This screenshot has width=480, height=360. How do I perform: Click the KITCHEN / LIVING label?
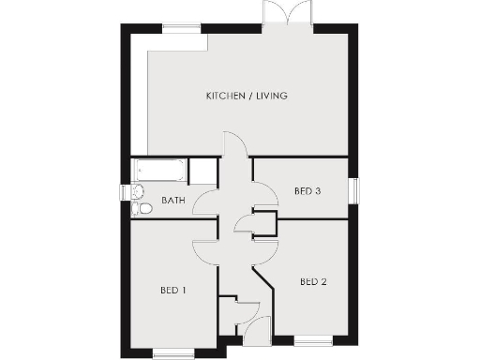click(x=247, y=96)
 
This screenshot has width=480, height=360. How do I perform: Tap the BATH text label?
click(x=172, y=200)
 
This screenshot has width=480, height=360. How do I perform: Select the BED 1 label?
click(x=172, y=290)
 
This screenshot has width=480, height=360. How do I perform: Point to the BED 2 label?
click(x=313, y=280)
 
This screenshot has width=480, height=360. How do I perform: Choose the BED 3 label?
click(x=307, y=191)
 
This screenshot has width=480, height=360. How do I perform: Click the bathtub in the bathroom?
click(x=159, y=172)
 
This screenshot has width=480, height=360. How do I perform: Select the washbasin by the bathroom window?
click(x=137, y=191)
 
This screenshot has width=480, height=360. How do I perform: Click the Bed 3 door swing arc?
click(x=267, y=195)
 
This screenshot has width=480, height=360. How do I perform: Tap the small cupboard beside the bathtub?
click(x=202, y=172)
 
